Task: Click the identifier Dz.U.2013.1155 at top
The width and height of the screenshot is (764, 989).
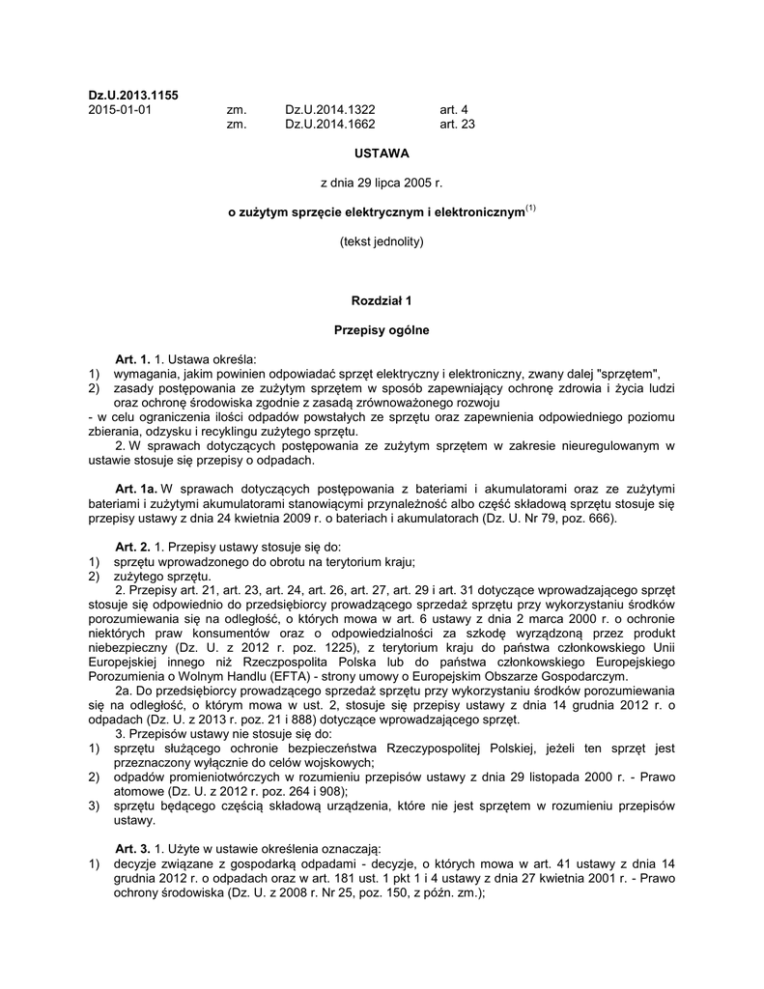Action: tap(133, 95)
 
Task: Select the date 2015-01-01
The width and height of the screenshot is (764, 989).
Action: tap(119, 109)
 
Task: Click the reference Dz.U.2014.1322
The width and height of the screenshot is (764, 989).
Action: tap(329, 109)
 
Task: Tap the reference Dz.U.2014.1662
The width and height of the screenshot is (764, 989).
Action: tap(329, 124)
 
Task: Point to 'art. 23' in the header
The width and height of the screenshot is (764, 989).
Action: tap(457, 124)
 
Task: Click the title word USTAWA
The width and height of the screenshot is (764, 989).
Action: tap(382, 153)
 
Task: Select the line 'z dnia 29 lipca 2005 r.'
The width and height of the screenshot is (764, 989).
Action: tap(382, 182)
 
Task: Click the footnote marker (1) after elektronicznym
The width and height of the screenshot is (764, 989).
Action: tap(530, 207)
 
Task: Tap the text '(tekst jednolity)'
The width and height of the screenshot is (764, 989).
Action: tap(382, 240)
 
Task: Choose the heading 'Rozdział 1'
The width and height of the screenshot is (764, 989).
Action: tap(382, 300)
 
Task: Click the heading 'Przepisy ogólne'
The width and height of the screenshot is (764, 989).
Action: tap(382, 329)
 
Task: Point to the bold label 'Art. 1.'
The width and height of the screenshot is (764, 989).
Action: tap(133, 359)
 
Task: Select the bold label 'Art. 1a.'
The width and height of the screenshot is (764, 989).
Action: tap(136, 489)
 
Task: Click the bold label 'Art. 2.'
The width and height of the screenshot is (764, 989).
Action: tap(133, 547)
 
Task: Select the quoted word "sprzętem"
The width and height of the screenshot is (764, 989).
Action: tap(633, 374)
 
